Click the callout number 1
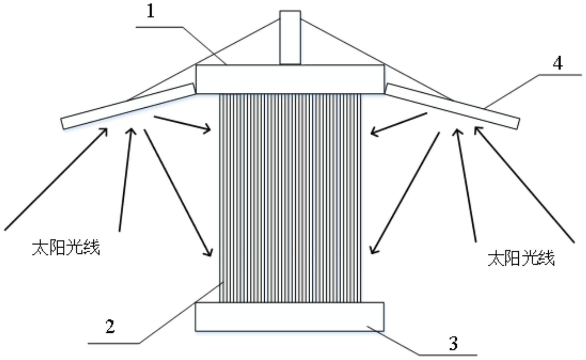pyautogui.click(x=150, y=12)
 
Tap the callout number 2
pyautogui.click(x=110, y=326)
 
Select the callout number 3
pyautogui.click(x=453, y=344)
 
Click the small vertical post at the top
pyautogui.click(x=290, y=37)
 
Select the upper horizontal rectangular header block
pyautogui.click(x=290, y=79)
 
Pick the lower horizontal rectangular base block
pyautogui.click(x=290, y=317)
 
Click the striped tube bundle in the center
pyautogui.click(x=290, y=198)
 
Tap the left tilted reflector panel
pyautogui.click(x=128, y=106)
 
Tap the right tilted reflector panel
pyautogui.click(x=453, y=106)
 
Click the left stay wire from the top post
pyautogui.click(x=203, y=60)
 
